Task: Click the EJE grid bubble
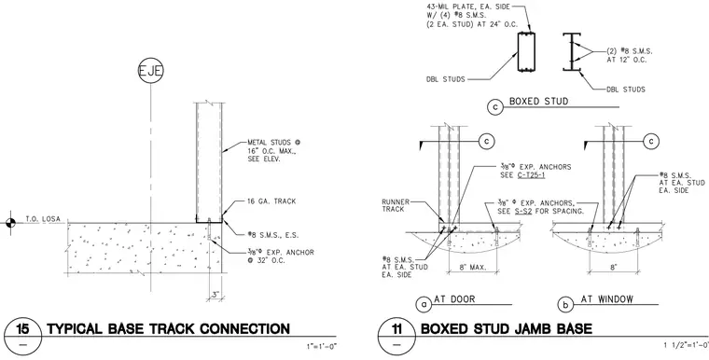coord(150,71)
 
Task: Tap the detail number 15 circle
coord(22,336)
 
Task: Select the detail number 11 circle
coord(396,336)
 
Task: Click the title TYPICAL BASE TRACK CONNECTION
coord(168,329)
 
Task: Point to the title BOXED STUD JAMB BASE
coord(507,329)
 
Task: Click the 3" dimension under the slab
coord(215,295)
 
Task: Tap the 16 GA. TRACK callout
coord(271,201)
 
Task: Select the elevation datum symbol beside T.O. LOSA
coord(10,223)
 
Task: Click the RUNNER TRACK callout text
coord(396,205)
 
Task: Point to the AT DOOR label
coord(454,299)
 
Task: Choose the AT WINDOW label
coord(606,299)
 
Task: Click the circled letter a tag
coord(424,305)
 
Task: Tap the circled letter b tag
coord(565,305)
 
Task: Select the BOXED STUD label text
coord(538,101)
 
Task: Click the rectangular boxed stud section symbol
coord(526,51)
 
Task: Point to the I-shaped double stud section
coord(572,51)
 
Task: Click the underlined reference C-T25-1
coord(531,175)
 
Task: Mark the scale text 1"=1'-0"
coord(320,347)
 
